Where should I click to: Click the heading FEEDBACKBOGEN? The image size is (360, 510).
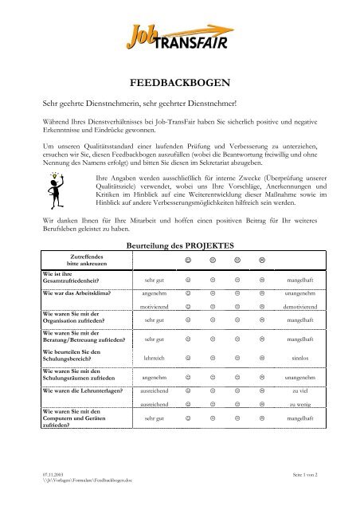tap(180, 81)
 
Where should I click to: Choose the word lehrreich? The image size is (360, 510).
tap(155, 360)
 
